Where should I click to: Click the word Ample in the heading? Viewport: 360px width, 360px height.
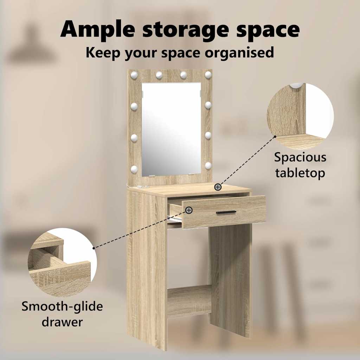coord(98,30)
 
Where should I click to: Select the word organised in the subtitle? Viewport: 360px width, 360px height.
coord(239,53)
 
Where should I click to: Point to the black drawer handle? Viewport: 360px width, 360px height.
coord(226,212)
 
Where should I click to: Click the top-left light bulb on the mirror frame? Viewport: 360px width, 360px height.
coord(134,75)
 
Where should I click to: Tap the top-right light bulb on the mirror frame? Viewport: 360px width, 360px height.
coord(208,75)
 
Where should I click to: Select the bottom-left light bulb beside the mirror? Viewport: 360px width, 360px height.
coord(134,169)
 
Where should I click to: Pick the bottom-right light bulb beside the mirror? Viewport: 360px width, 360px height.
coord(208,166)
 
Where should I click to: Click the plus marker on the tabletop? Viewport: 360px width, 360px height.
coord(218,187)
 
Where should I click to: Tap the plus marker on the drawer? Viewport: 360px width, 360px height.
coord(189,210)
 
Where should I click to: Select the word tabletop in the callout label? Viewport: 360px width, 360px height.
coord(300,173)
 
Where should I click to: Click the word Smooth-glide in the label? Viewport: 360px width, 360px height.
coord(62,307)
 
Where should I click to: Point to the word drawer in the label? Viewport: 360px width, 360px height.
coord(62,322)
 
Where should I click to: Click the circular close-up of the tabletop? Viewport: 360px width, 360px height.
coord(300,116)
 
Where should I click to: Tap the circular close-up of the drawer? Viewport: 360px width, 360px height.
coord(62,262)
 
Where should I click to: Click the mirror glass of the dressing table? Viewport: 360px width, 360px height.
coord(171,129)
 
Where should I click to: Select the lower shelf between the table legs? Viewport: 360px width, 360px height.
coord(189,301)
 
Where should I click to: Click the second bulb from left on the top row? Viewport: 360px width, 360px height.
coord(159,75)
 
